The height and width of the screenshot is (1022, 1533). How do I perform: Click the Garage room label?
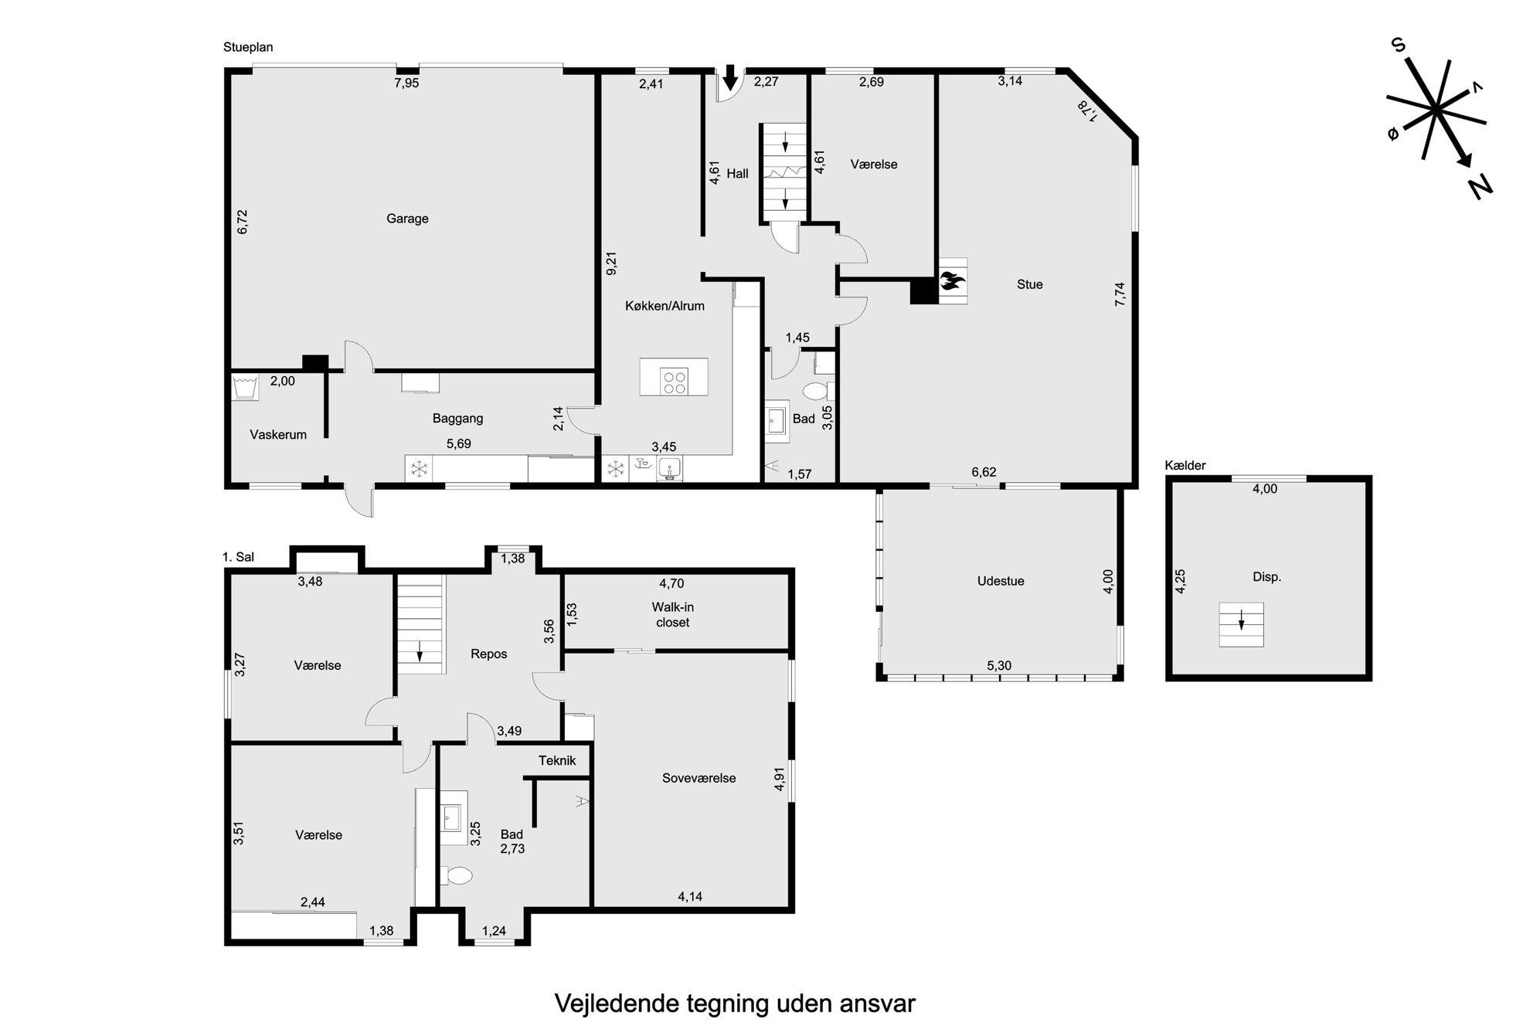407,219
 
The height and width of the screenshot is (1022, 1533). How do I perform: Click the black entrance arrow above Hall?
729,78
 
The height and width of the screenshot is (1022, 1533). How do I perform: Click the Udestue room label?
1001,581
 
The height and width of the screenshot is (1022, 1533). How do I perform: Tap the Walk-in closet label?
672,615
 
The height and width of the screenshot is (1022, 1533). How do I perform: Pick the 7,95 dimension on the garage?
406,83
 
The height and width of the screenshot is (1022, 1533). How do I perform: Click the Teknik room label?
557,761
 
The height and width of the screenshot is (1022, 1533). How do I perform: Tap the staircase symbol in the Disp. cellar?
1241,624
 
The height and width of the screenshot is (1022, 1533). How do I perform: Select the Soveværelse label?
699,778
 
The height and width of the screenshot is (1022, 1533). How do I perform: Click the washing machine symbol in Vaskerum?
246,387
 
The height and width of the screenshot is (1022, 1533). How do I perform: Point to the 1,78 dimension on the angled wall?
1088,110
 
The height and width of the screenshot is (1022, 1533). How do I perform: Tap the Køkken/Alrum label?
665,306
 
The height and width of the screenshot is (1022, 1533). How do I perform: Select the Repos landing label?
488,654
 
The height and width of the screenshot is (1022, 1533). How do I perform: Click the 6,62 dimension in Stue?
984,472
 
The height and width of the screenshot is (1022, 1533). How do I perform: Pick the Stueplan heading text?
248,47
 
